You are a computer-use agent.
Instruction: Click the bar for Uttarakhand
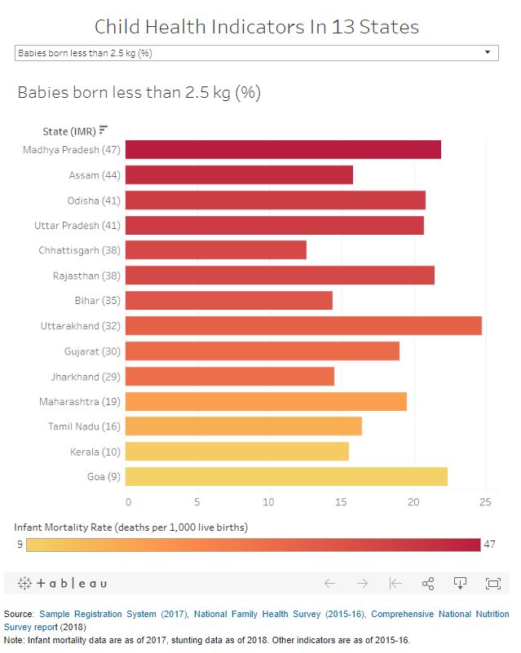point(303,326)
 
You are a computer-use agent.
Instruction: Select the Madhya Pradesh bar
point(283,150)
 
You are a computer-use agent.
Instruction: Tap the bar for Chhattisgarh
point(216,250)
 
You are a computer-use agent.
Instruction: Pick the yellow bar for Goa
point(286,477)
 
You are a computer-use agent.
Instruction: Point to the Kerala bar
point(237,452)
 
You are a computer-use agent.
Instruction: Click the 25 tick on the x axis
point(485,501)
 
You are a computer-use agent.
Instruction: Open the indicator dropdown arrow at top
point(488,53)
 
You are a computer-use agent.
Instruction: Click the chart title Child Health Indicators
point(257,27)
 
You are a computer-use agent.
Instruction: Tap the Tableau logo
point(62,584)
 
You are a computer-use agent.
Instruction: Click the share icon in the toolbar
point(427,584)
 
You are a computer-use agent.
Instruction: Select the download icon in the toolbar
point(460,584)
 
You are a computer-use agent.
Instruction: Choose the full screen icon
point(492,584)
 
